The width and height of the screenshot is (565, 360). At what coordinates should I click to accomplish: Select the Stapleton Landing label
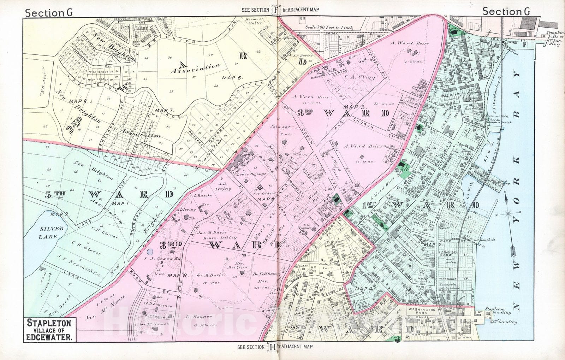498,310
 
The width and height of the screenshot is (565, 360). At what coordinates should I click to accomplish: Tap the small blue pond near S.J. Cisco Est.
150,252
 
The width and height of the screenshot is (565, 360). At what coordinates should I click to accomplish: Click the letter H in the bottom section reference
273,347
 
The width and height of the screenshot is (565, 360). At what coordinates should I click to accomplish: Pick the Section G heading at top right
506,12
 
